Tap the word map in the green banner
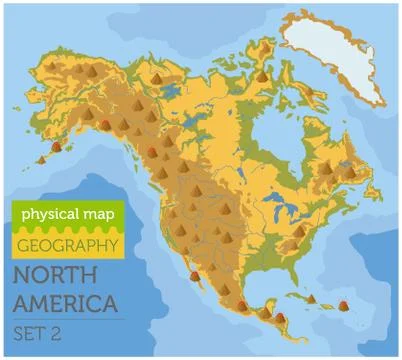pyautogui.click(x=98, y=214)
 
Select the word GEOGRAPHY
pyautogui.click(x=68, y=244)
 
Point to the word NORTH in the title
pyautogui.click(x=51, y=275)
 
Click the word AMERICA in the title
pyautogui.click(x=65, y=301)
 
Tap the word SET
pyautogui.click(x=32, y=331)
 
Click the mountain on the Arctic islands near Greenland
pyautogui.click(x=261, y=72)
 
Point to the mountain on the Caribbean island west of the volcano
pyautogui.click(x=311, y=297)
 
